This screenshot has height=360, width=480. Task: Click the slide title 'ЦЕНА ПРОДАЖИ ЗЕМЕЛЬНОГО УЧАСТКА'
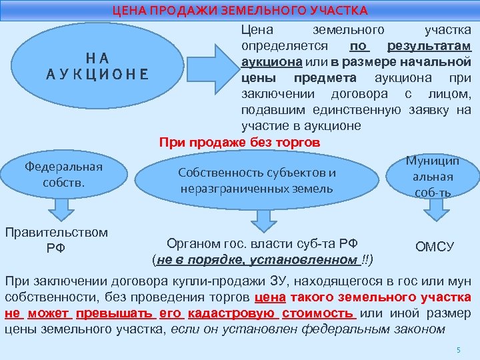[x=239, y=11]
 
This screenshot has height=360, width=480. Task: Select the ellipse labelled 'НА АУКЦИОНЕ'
[x=97, y=66]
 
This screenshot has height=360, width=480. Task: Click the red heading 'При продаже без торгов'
[x=239, y=143]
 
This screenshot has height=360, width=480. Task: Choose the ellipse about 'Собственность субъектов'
[x=257, y=180]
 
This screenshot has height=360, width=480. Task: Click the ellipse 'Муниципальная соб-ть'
[x=433, y=177]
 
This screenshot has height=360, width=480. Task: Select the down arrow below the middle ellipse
[x=257, y=219]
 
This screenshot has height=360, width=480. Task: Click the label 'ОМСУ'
[x=435, y=247]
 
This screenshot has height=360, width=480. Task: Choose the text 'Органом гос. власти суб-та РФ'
[x=257, y=244]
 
